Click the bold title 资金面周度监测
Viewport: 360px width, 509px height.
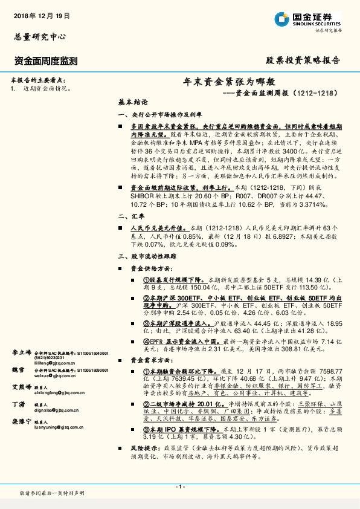point(45,60)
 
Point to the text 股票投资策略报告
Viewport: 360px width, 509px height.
point(303,60)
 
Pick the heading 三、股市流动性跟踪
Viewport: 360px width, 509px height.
point(147,256)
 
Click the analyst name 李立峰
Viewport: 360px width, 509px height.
point(22,351)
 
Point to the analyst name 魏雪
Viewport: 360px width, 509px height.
point(18,369)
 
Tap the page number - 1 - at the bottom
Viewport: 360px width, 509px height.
point(180,487)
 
